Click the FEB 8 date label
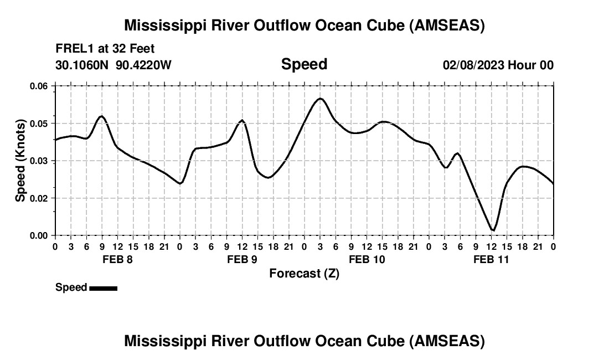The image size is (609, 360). [117, 259]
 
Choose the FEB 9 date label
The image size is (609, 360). [242, 259]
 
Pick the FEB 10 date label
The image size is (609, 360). [367, 259]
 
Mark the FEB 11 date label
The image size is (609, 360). [491, 259]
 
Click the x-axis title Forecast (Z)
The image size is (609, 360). [304, 273]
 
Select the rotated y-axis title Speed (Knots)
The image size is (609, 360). [20, 161]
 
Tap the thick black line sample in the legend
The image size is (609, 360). [103, 288]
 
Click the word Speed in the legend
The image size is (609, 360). [71, 287]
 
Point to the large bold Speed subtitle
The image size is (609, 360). [304, 64]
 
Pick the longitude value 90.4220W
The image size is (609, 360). [143, 65]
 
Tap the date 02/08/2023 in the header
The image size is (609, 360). [473, 65]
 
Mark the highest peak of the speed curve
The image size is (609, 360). [320, 99]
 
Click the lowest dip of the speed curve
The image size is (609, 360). [493, 230]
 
